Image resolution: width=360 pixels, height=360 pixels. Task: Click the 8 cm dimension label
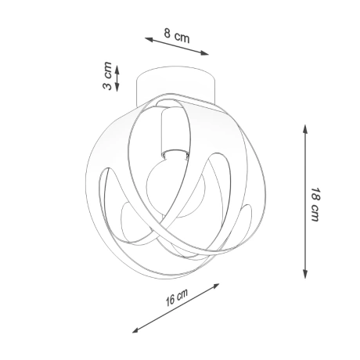click(177, 35)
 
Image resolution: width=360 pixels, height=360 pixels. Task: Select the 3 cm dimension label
click(107, 76)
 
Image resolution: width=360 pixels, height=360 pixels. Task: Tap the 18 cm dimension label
click(315, 204)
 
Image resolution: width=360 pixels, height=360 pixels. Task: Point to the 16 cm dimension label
click(177, 297)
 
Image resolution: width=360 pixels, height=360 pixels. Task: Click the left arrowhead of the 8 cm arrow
click(148, 39)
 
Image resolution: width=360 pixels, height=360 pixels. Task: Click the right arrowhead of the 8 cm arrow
click(205, 53)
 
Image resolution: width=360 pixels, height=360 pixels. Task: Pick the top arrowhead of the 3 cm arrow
click(117, 68)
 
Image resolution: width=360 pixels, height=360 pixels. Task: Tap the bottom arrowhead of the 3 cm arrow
click(117, 88)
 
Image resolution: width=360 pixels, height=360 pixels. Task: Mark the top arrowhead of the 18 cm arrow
click(305, 129)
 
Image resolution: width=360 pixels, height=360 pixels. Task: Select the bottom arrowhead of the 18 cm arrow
click(305, 275)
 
